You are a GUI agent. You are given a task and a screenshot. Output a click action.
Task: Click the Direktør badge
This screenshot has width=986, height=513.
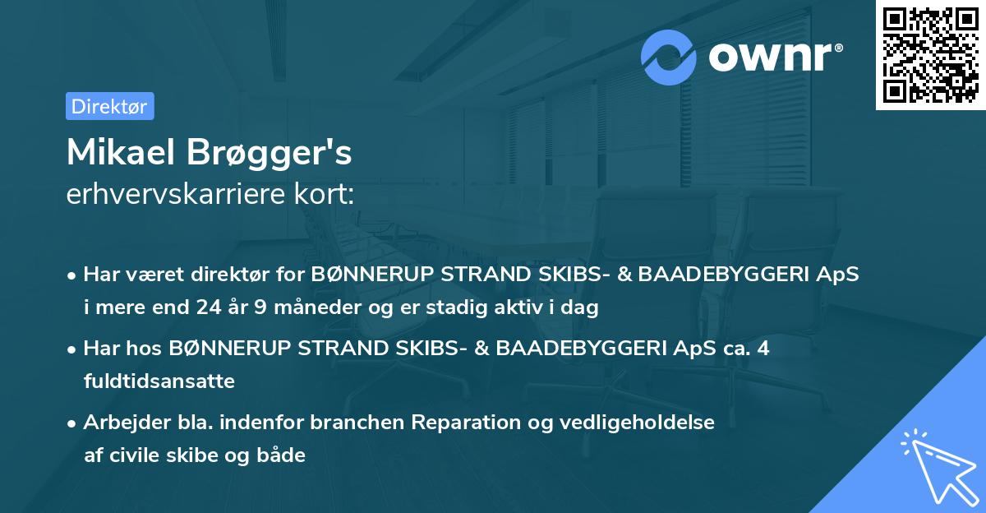(x=109, y=106)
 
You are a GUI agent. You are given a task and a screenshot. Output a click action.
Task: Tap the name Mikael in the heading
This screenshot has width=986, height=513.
(x=123, y=152)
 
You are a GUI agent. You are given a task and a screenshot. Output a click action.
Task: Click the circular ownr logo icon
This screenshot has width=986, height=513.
(x=669, y=57)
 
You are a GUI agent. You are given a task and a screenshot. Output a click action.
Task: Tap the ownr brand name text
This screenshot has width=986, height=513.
(x=774, y=57)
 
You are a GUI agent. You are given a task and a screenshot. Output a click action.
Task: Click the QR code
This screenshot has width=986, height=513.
(x=929, y=54)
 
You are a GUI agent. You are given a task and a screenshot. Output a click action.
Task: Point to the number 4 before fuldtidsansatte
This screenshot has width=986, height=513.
(x=763, y=349)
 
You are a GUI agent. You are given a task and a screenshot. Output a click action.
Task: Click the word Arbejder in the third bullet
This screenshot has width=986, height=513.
(x=122, y=423)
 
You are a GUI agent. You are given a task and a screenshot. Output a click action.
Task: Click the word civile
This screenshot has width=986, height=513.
(x=131, y=455)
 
